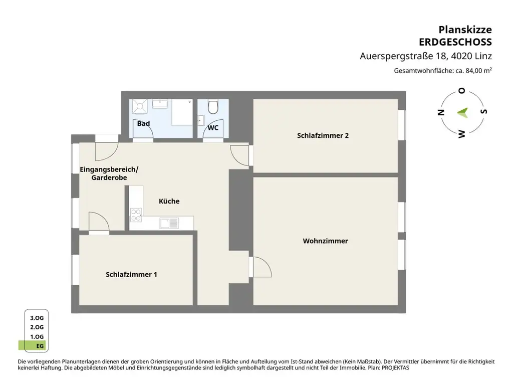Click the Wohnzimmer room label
pos(325,241)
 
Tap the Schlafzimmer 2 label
pos(323,135)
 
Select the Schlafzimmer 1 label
pos(131,274)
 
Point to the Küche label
pos(169,201)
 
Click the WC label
pos(213,128)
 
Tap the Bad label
pos(143,123)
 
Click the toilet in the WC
pos(213,106)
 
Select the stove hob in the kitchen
pos(136,215)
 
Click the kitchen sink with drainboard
pos(169,223)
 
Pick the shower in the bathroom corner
pos(140,106)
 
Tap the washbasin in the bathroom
pos(160,104)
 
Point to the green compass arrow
pos(463,113)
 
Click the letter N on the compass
pos(441,112)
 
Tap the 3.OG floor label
pos(37,318)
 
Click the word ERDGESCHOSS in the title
pos(455,42)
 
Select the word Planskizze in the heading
pos(465,30)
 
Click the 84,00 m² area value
pos(478,70)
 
